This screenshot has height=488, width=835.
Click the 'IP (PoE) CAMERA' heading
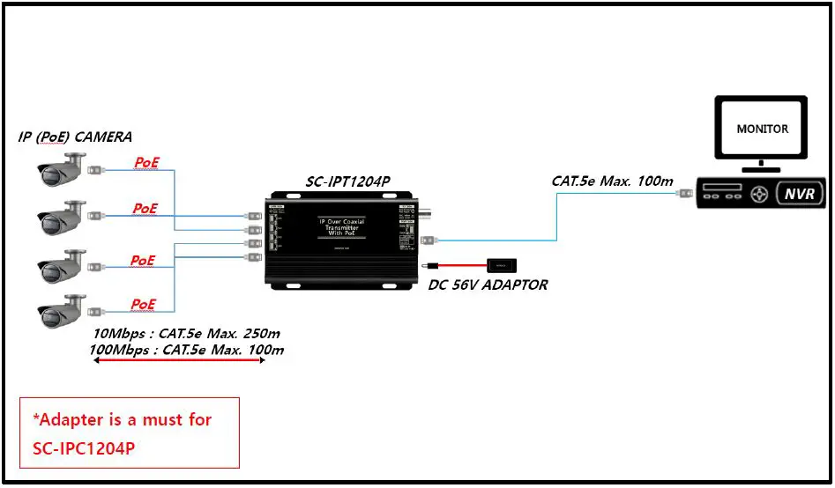click(75, 137)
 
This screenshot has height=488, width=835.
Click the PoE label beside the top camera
click(146, 162)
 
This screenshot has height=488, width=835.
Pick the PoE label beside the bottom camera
click(144, 304)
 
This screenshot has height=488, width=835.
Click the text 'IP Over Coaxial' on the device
click(341, 220)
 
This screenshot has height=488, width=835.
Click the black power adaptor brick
click(501, 263)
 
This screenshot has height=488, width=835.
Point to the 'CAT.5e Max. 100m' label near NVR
click(612, 181)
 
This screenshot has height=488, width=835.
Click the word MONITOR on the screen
click(762, 129)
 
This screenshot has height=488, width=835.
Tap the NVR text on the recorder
click(800, 195)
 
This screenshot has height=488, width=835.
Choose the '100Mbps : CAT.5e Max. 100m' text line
click(187, 350)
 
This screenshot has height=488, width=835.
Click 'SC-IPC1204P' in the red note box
click(78, 447)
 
